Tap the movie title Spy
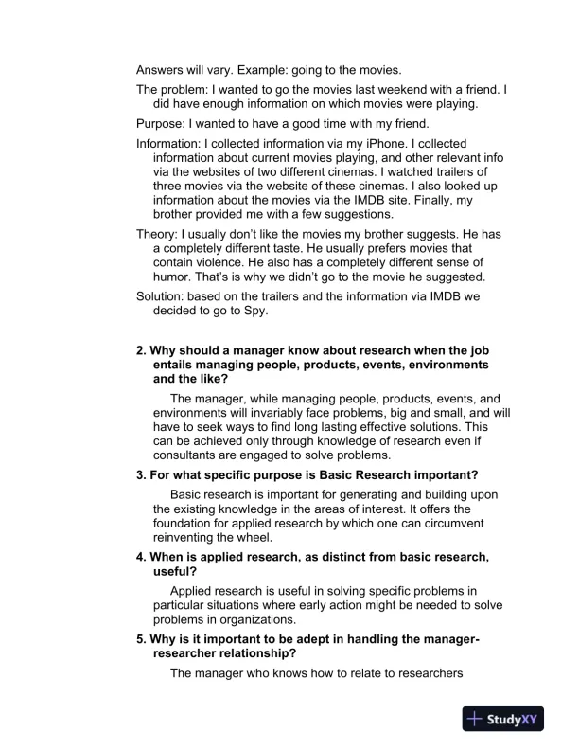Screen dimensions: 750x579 click(257, 310)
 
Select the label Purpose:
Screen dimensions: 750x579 click(164, 123)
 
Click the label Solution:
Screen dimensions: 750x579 click(164, 295)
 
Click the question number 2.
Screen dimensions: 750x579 click(142, 350)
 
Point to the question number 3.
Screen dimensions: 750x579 click(142, 474)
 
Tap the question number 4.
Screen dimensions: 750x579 click(142, 557)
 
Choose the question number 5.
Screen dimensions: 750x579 click(142, 639)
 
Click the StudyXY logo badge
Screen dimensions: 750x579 click(512, 719)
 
